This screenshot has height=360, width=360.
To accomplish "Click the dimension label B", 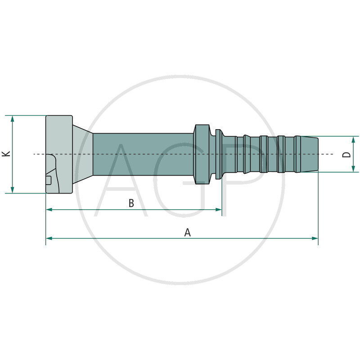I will click(x=131, y=203).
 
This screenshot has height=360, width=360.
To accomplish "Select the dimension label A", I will click(x=188, y=232).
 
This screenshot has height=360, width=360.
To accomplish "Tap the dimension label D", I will click(x=346, y=154).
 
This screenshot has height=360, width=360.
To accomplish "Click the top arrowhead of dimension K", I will click(x=13, y=118).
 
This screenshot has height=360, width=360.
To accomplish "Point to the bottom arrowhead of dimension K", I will click(x=13, y=190).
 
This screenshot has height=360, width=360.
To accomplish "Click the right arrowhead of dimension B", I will click(x=219, y=210).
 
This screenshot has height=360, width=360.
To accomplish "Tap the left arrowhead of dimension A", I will click(x=49, y=238).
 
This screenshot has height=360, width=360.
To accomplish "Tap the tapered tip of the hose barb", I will click(x=310, y=154).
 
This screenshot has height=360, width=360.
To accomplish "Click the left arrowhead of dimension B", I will click(x=49, y=210).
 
